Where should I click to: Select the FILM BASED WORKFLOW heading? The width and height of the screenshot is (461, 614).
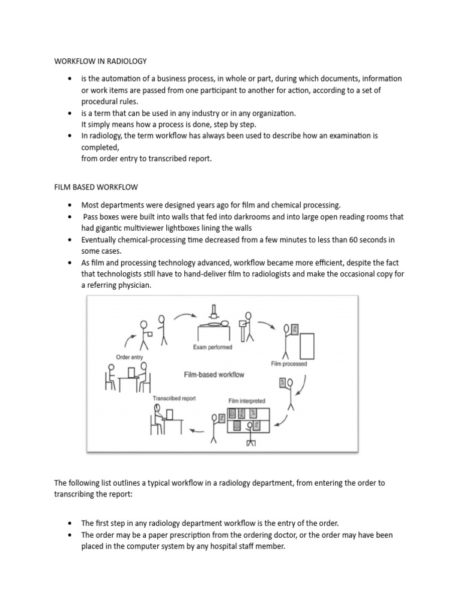(96, 188)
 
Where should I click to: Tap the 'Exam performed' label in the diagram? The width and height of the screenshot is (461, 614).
(212, 347)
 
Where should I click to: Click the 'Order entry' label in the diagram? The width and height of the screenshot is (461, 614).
(129, 357)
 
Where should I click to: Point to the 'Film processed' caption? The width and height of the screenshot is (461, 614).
(289, 363)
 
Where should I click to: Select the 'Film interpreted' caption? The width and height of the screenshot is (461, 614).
(246, 400)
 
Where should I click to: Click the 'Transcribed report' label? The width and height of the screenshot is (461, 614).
(173, 398)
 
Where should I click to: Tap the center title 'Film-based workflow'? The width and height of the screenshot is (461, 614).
(214, 374)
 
